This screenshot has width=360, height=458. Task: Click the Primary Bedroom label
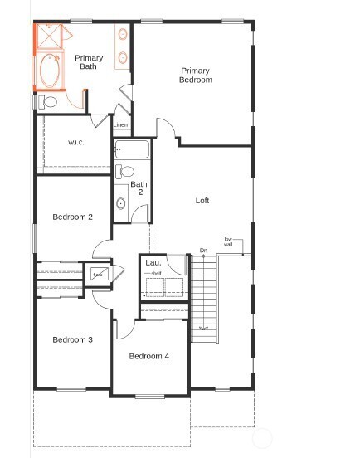click(x=196, y=76)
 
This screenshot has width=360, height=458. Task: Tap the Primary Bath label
click(x=89, y=62)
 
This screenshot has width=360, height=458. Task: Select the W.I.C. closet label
click(x=77, y=143)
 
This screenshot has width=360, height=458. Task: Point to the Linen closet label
click(x=121, y=125)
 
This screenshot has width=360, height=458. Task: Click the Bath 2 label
click(x=139, y=188)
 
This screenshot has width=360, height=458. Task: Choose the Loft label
click(x=202, y=201)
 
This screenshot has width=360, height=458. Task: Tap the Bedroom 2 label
click(x=72, y=217)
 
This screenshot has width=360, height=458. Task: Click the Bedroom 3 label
click(x=72, y=339)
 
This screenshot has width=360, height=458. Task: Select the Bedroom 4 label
click(x=149, y=356)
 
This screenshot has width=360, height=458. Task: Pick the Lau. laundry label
click(x=153, y=262)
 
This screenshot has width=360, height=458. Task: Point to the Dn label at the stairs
click(x=203, y=250)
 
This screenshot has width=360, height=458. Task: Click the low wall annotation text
click(x=228, y=242)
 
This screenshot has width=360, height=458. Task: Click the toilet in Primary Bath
click(x=47, y=102)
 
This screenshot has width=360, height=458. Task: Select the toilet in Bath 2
click(x=127, y=172)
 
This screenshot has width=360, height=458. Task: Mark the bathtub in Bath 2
click(x=133, y=150)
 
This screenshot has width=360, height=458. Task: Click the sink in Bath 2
click(x=122, y=202)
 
